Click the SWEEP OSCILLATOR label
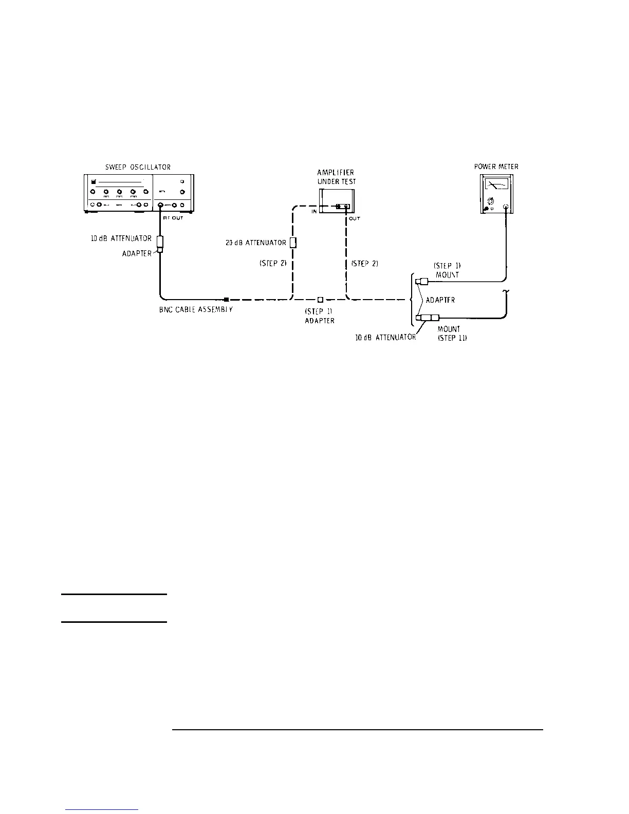coord(134,167)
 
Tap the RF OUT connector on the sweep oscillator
coord(160,206)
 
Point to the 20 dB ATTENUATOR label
coord(255,243)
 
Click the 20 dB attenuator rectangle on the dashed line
coord(292,243)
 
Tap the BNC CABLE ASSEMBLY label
coord(196,310)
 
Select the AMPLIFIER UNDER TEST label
coord(336,177)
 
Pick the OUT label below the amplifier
coord(355,218)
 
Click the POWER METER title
coord(496,166)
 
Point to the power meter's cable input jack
coord(506,207)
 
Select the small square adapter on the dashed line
coord(320,299)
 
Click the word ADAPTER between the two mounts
coord(440,300)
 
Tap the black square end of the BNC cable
coord(226,299)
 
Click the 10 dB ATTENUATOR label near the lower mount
coord(385,338)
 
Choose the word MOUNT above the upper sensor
coord(447,275)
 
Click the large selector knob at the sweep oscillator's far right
coord(182,192)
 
